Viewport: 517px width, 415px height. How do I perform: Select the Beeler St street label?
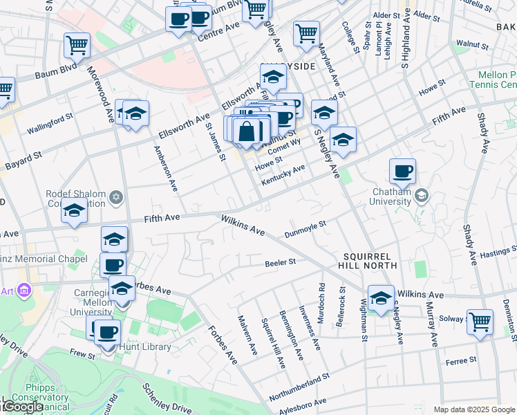[x=280, y=262]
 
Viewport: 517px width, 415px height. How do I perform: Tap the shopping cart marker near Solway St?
[x=480, y=321]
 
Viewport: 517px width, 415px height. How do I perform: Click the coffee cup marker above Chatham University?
[x=402, y=171]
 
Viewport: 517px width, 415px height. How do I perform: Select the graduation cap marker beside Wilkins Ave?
[x=380, y=297]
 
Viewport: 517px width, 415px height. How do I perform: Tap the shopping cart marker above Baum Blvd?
[x=77, y=46]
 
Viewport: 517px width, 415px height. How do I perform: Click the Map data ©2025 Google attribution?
[x=473, y=409]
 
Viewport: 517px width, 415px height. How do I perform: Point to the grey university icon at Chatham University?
[x=420, y=196]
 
